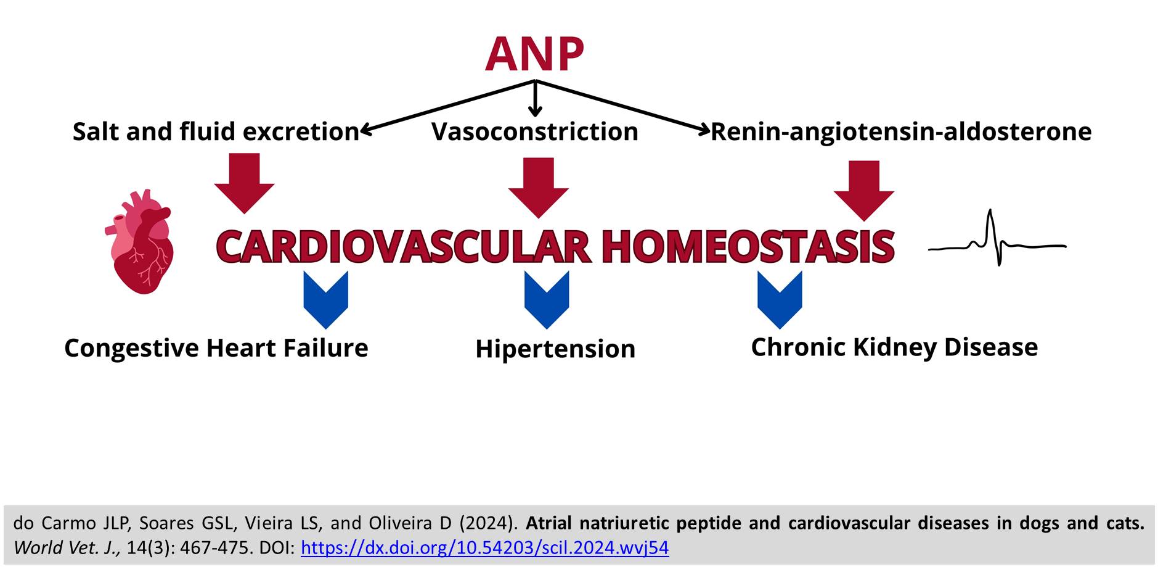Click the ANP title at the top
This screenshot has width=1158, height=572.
[534, 54]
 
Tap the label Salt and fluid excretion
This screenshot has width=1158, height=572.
[216, 131]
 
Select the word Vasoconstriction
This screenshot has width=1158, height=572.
[534, 131]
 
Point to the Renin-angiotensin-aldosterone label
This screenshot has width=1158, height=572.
[901, 131]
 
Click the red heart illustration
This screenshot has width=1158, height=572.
[139, 241]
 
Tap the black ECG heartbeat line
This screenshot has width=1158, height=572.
[997, 239]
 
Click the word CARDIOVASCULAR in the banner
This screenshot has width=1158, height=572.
[403, 247]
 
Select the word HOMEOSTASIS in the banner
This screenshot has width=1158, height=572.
[748, 247]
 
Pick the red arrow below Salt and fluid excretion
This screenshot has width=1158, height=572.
[245, 184]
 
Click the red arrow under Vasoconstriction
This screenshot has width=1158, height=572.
[539, 188]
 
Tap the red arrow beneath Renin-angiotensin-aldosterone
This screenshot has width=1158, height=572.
[864, 191]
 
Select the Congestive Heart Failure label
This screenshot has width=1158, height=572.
[216, 348]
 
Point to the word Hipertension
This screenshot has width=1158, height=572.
[555, 349]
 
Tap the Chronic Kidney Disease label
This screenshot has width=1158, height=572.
[894, 347]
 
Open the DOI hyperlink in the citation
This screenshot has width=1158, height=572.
[484, 548]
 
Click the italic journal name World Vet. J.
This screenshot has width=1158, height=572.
[67, 548]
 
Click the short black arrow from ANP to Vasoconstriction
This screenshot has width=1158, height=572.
[535, 99]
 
